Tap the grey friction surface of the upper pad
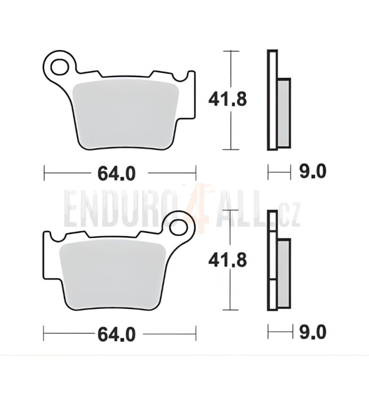click(126, 116)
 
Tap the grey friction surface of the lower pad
click(113, 275)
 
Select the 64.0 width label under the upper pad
click(116, 173)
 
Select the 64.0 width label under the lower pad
click(116, 334)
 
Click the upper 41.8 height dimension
click(227, 99)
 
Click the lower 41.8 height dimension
click(227, 261)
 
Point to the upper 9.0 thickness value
click(313, 172)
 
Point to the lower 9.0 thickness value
click(313, 333)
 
